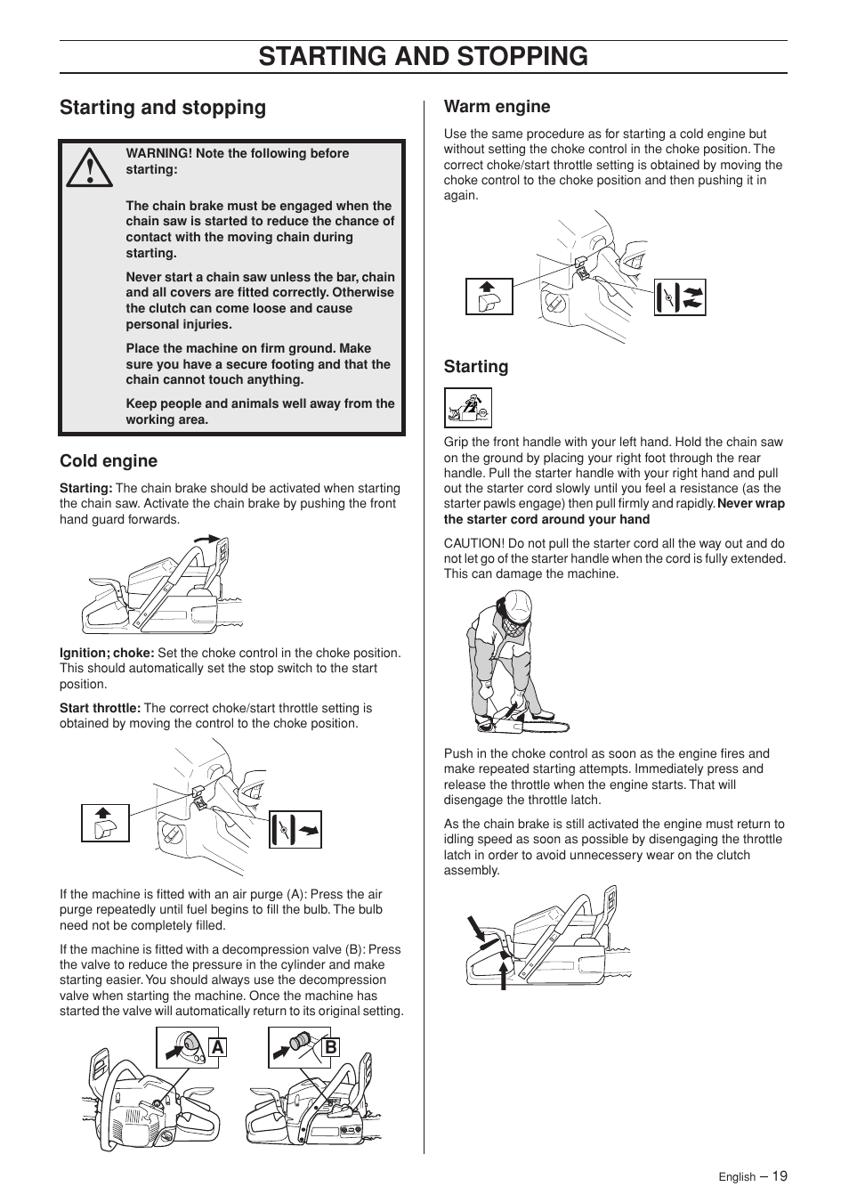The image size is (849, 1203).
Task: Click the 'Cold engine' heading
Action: [109, 460]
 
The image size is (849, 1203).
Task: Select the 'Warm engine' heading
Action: [497, 107]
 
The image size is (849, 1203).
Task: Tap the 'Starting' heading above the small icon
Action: [476, 367]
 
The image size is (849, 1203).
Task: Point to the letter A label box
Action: [218, 1047]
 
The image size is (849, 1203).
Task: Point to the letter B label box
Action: [330, 1047]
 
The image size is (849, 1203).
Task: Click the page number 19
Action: [780, 1175]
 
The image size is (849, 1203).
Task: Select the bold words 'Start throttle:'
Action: [100, 708]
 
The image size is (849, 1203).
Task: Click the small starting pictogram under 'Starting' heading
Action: [468, 408]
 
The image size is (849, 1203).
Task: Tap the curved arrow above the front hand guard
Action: [206, 540]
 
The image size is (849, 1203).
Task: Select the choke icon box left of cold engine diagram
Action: [105, 823]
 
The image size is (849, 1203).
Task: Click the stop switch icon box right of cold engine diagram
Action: [295, 829]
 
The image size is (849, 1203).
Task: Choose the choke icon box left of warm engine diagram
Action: [489, 297]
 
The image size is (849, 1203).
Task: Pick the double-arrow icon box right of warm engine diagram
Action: [680, 297]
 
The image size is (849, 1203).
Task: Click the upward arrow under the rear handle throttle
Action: [505, 972]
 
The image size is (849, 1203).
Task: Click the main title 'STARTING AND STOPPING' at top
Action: [424, 56]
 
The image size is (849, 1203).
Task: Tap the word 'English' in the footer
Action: [737, 1177]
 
